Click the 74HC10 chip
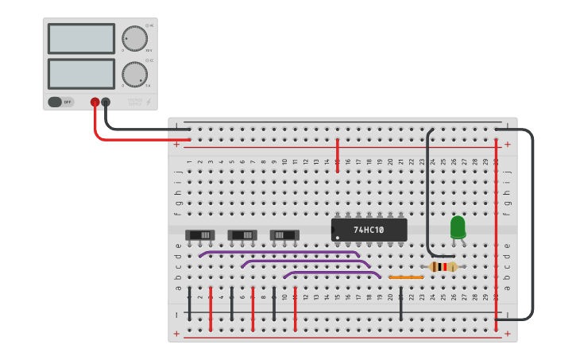[x=369, y=230]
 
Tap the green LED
[x=458, y=227]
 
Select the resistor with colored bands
[x=443, y=267]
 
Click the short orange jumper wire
[x=405, y=277]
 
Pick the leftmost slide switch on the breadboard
[x=200, y=235]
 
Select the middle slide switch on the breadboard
[x=242, y=235]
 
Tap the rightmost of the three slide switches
[x=284, y=235]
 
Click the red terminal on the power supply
[x=95, y=102]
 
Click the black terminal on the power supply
[x=106, y=102]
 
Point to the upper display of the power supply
[x=81, y=38]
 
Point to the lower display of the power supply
[x=81, y=73]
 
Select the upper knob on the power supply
[x=134, y=38]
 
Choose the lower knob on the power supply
[x=134, y=73]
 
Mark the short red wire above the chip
[x=338, y=153]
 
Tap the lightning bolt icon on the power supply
[x=148, y=102]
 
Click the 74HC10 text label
[x=369, y=230]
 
